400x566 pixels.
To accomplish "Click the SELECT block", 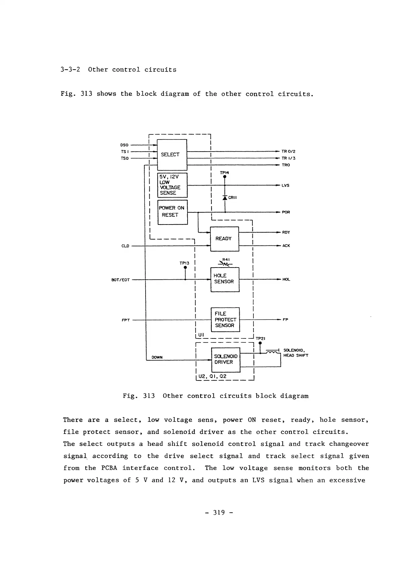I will [x=172, y=155].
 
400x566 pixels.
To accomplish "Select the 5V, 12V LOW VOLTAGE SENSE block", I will [x=172, y=185].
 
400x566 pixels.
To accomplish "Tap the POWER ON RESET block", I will [x=172, y=212].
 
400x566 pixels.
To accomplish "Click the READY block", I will [x=224, y=239].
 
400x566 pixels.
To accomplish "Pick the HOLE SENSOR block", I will [x=225, y=279].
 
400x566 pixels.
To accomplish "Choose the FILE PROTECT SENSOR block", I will [x=225, y=320].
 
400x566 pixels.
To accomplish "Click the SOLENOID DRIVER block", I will [x=226, y=360].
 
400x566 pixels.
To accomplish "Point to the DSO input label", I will [x=124, y=145].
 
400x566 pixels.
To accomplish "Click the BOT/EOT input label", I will [x=121, y=280].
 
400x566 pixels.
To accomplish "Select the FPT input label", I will [x=126, y=320].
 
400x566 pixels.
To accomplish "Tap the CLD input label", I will [x=125, y=246].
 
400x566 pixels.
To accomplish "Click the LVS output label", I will [x=285, y=186].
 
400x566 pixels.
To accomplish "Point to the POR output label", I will [x=286, y=212].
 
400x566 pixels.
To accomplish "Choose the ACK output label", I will [x=286, y=246].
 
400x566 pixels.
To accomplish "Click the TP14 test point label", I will [x=225, y=173].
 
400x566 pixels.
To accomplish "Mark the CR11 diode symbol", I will [x=225, y=198].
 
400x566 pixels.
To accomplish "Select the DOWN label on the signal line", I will [x=157, y=357].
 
